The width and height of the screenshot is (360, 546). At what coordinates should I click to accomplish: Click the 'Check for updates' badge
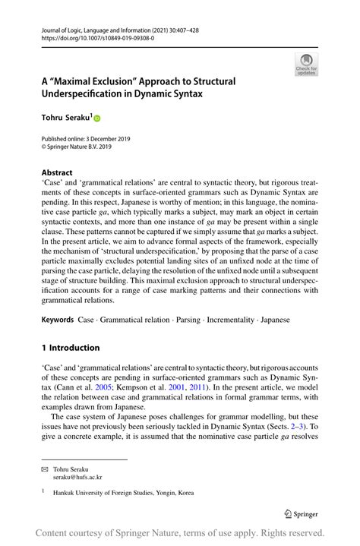click(x=306, y=65)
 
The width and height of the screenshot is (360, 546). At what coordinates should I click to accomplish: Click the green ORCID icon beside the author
click(x=97, y=118)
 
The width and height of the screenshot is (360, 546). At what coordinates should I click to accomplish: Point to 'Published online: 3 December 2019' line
click(x=86, y=139)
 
